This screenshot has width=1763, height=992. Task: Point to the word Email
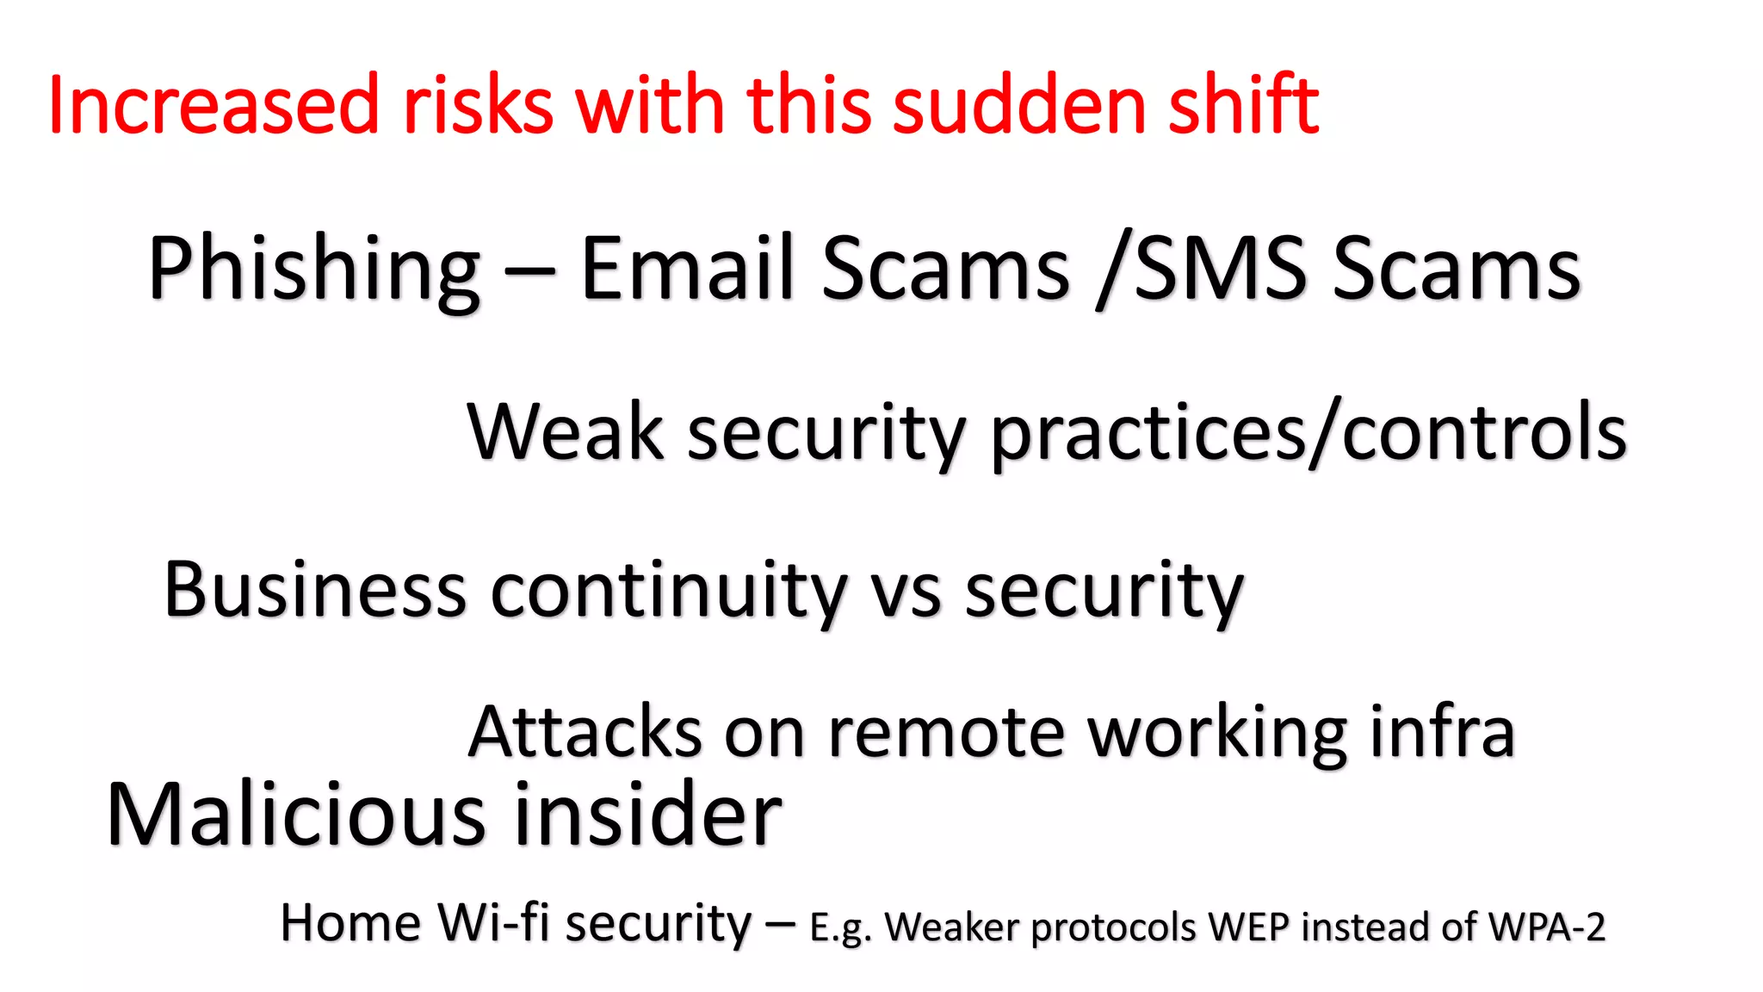[687, 269]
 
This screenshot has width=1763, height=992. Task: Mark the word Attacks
[585, 733]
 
